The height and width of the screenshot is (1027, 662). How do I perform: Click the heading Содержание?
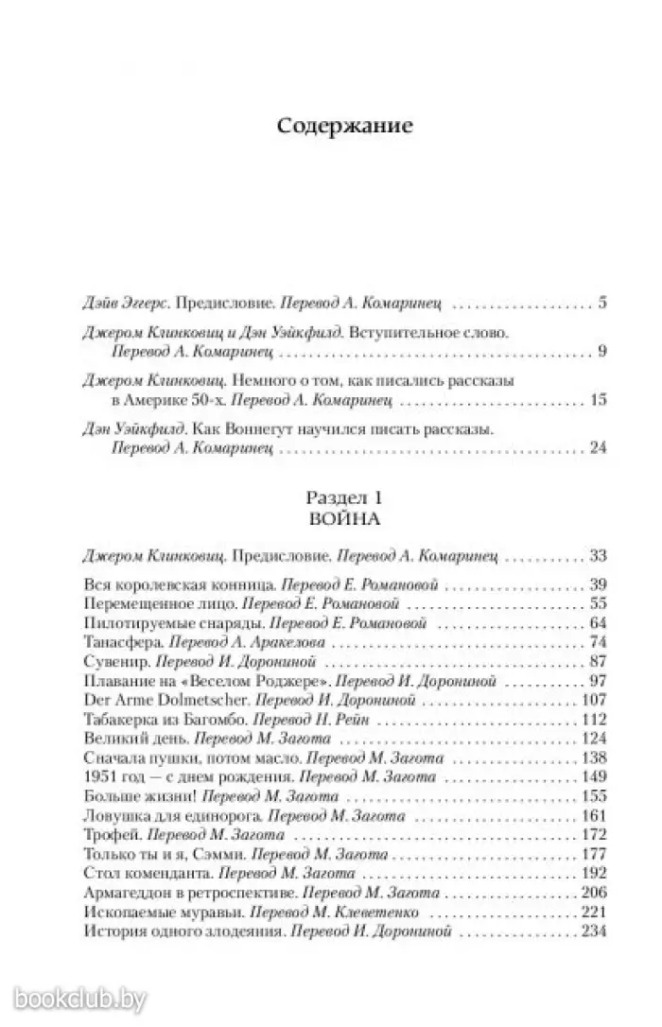(x=345, y=127)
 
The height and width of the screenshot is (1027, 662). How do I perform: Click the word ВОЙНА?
(x=344, y=518)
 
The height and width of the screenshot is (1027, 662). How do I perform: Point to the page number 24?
(x=595, y=446)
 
